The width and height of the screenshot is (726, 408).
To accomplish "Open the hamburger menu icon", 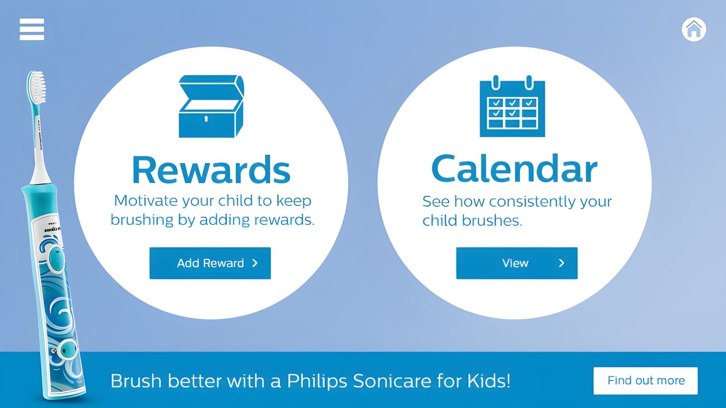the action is pos(32,29).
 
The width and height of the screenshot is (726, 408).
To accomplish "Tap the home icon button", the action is pos(694,29).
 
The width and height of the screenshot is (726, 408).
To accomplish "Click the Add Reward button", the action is pos(210,263).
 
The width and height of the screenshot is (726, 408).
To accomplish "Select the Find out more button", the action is pos(646,381).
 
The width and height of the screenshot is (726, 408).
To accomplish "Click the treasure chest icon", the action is pos(211,107).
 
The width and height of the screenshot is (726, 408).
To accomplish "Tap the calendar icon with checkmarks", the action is pos(512,106).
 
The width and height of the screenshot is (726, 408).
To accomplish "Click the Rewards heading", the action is pos(211,170).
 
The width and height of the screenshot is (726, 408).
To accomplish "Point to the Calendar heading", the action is pos(515,169).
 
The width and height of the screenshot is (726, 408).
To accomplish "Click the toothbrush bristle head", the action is pos(36,87).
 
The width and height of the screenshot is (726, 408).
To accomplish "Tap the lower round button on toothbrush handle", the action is pos(69,350).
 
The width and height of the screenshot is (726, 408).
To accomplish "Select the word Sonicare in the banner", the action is pos(392,381).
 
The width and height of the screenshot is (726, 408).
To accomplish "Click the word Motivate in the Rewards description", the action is pos(146,201).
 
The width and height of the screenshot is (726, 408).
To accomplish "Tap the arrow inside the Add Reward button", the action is pos(255,263).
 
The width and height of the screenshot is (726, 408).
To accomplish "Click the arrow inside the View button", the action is pos(562,263).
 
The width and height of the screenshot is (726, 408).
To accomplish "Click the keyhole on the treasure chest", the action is pos(206,119).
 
